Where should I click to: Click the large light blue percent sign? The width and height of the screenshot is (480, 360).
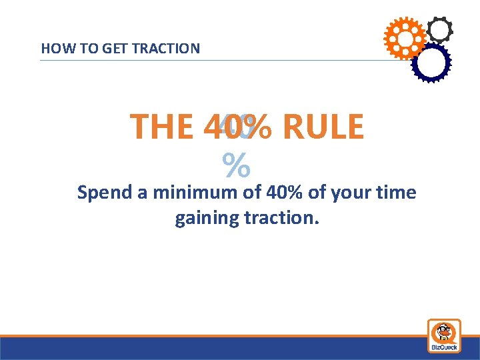click(x=236, y=166)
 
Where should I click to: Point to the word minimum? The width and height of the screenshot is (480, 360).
click(x=195, y=193)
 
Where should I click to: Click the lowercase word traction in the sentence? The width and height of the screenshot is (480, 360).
click(x=284, y=218)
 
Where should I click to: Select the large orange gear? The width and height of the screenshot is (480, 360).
click(x=404, y=37)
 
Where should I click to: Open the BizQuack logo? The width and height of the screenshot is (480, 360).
click(x=443, y=335)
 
